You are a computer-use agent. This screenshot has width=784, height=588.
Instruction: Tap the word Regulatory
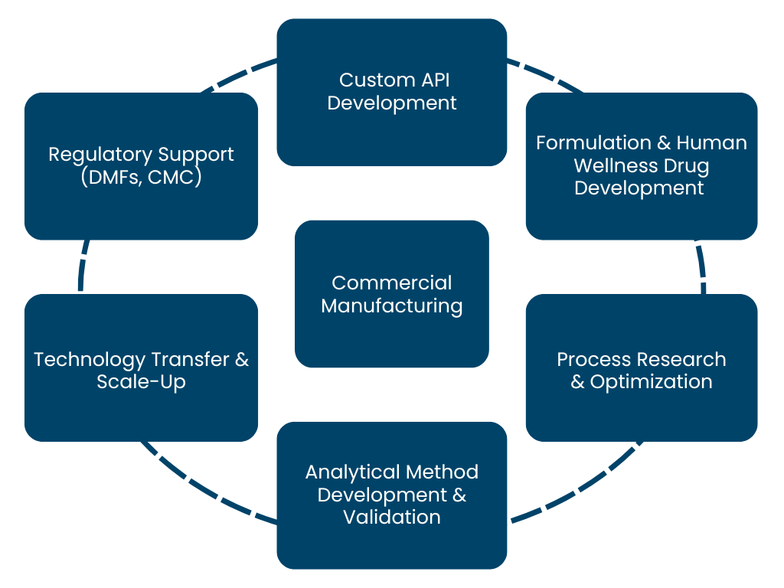[x=95, y=155]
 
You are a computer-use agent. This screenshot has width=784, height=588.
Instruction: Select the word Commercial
[x=391, y=283]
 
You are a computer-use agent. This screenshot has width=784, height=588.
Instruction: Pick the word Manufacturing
[x=391, y=306]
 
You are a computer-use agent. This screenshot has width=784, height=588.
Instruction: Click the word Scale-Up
[x=141, y=382]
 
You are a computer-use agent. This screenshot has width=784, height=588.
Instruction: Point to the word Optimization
[x=652, y=382]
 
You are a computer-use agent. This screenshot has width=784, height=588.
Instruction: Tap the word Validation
[x=391, y=517]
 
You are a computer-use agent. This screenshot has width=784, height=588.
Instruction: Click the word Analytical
[x=351, y=472]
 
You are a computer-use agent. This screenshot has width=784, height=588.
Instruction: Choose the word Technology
[x=90, y=360]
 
